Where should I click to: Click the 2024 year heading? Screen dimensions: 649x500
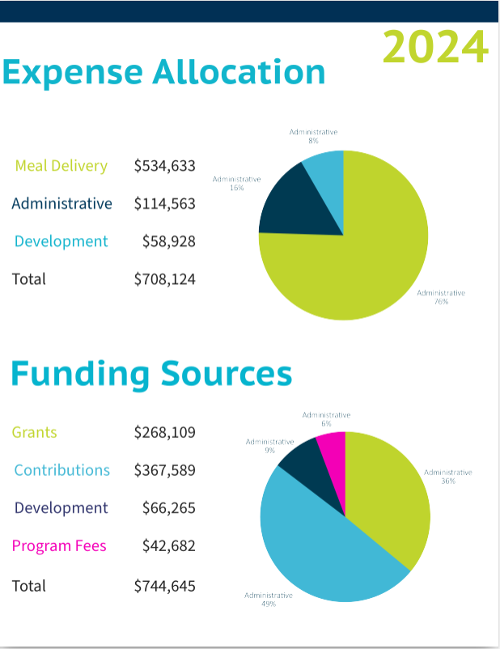point(435,47)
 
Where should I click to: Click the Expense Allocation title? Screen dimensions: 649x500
point(164,72)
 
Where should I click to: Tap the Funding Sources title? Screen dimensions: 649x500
point(151,374)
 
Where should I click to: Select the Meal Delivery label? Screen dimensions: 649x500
point(61,166)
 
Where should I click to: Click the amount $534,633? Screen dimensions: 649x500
point(164,166)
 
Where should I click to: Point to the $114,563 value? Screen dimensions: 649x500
point(164,204)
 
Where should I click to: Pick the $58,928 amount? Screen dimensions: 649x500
point(168,241)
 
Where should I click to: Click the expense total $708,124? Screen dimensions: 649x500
point(164,279)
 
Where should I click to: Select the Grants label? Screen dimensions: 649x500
point(35,432)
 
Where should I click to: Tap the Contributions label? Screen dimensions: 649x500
point(61,470)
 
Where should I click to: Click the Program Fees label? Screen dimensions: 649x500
point(59,546)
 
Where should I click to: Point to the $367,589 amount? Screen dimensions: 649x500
point(164,470)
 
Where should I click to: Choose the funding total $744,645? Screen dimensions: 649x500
point(164,586)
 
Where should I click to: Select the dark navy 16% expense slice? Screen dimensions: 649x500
point(291,206)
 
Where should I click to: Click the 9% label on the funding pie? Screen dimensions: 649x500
point(269,446)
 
